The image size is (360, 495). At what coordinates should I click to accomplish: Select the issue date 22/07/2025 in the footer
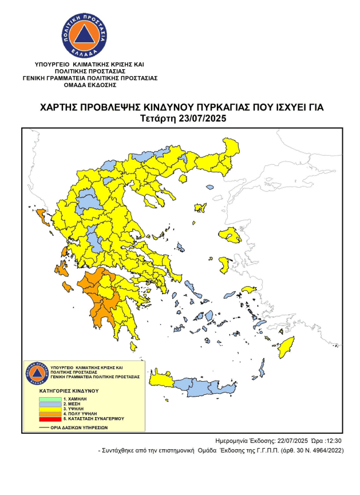290,441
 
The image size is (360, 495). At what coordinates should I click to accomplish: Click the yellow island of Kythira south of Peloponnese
133,347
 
